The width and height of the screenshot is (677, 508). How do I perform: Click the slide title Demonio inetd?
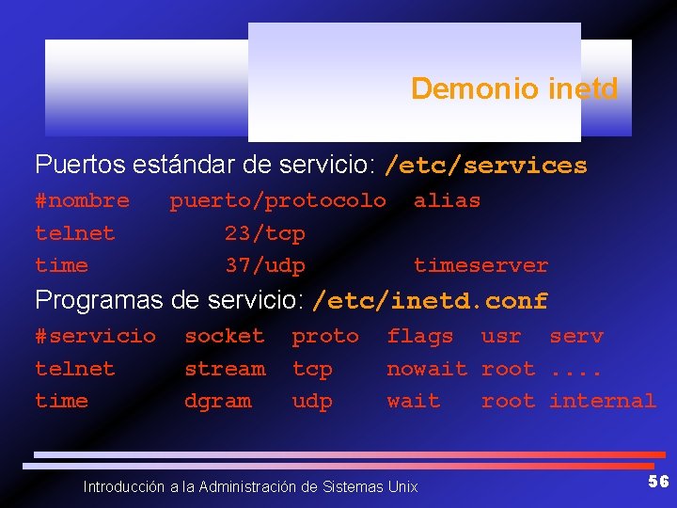[x=514, y=88]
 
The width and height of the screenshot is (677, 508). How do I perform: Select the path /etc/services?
[x=485, y=166]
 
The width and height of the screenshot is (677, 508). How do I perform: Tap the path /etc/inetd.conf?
[x=430, y=301]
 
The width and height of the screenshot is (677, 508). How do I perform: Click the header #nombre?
[x=82, y=200]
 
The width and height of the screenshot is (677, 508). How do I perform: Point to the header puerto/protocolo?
[x=277, y=200]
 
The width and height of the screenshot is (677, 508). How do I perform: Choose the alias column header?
[x=447, y=200]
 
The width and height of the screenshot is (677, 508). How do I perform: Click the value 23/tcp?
[x=264, y=233]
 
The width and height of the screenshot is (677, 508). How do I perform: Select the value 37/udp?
[x=264, y=265]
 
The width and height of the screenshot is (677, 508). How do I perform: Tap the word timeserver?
[x=480, y=265]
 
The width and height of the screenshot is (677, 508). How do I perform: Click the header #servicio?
[x=95, y=336]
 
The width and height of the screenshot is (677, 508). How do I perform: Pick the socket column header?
[x=224, y=336]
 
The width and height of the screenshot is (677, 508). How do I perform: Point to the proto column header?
[x=324, y=336]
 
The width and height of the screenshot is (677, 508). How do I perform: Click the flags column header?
[x=419, y=336]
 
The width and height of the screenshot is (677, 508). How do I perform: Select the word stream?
[x=224, y=369]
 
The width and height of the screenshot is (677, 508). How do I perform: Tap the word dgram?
[x=217, y=401]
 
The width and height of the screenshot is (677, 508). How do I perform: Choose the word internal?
[x=602, y=401]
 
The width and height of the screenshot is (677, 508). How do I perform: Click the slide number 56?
[x=658, y=482]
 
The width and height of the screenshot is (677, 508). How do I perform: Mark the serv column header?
[x=575, y=336]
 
